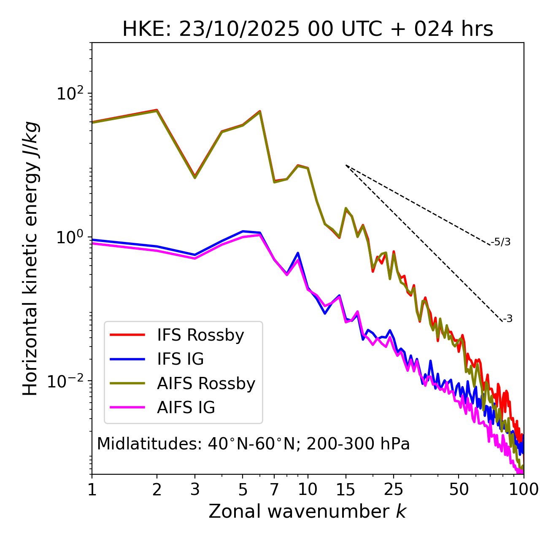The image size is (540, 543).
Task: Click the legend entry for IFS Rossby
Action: coord(200,335)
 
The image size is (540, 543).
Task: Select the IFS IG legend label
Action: coord(181,359)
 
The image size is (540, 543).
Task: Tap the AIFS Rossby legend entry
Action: coord(206,384)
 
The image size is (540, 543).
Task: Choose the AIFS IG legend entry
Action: coord(186,408)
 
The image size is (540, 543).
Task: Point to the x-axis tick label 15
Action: coord(346,489)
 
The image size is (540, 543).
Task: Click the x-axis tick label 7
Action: coord(274,489)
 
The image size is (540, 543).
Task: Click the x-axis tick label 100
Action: coord(524,489)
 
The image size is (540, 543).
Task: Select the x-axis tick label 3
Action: coord(195,489)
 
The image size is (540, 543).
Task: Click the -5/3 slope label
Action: coord(501,242)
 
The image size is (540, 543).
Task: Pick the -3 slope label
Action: coord(508,319)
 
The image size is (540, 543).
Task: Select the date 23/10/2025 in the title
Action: coord(239,30)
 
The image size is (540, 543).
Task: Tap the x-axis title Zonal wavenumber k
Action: coord(307,511)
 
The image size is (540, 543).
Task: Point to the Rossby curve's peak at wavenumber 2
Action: coord(157,110)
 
